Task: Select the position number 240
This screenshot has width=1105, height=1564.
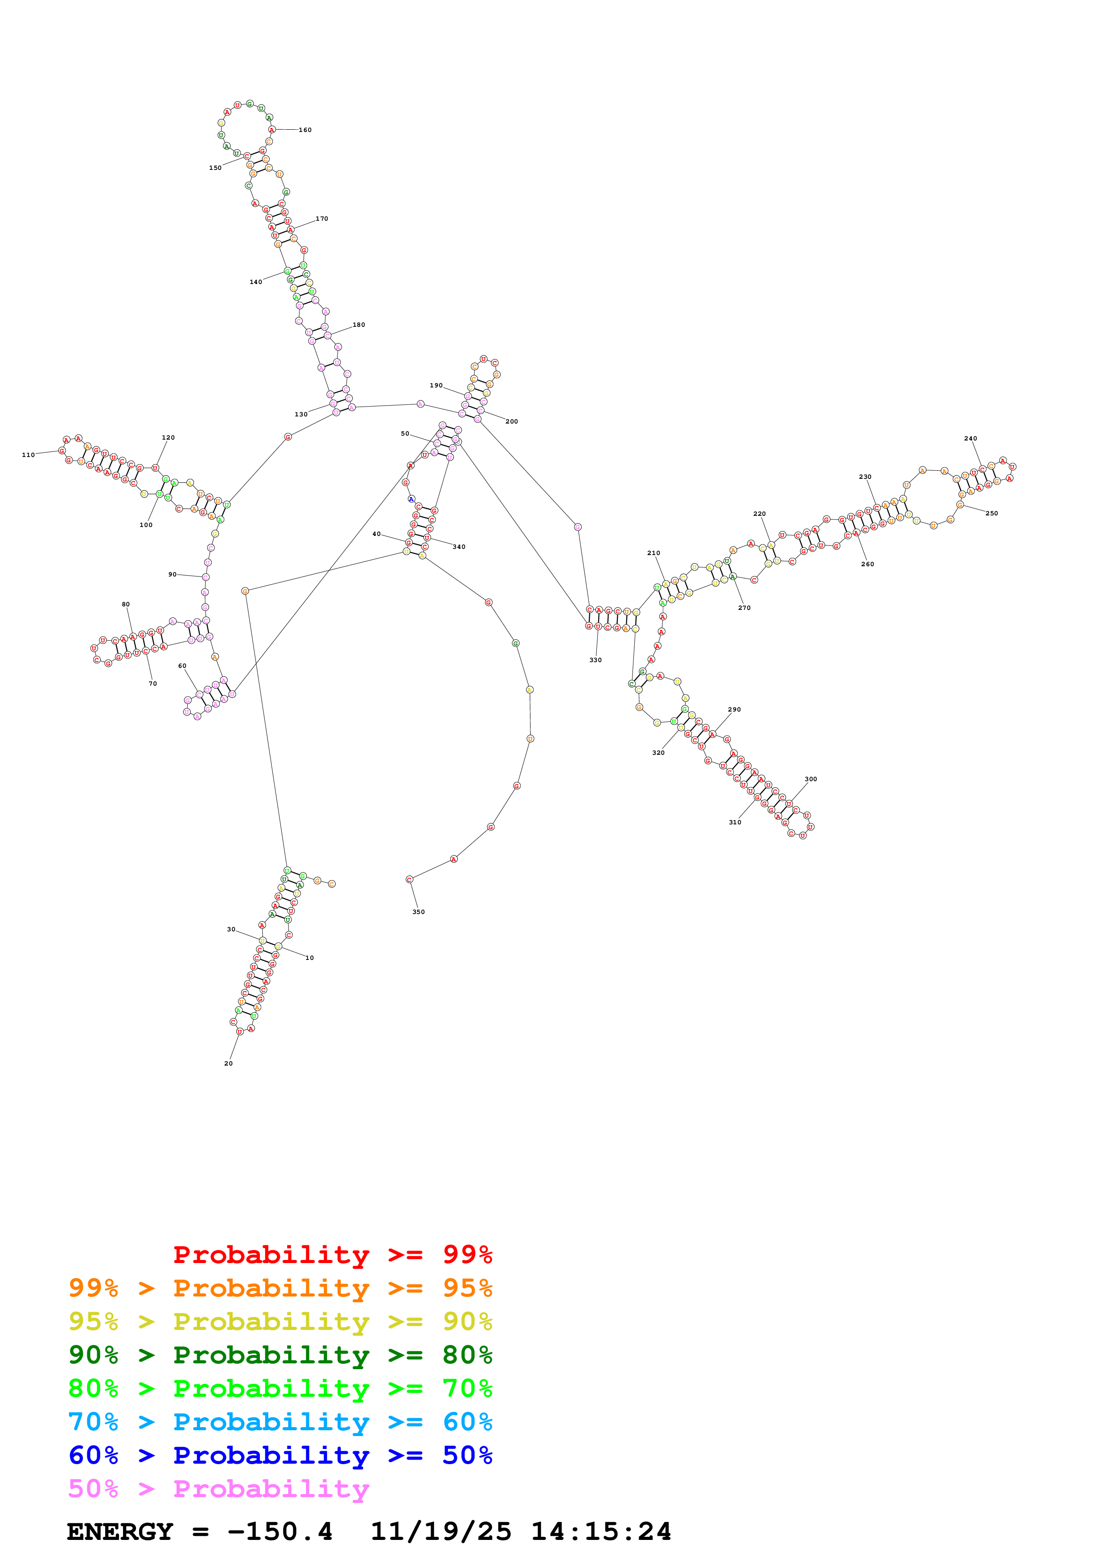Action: pos(970,439)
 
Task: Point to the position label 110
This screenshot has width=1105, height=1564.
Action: pos(28,455)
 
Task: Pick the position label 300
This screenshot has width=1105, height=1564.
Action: pos(810,779)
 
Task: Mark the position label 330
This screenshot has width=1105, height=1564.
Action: pos(595,660)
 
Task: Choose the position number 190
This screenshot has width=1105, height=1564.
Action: pos(436,386)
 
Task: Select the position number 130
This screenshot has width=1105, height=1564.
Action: pos(300,414)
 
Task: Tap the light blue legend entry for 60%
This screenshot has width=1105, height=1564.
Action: pos(280,1422)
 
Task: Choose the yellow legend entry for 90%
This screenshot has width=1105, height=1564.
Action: pos(280,1321)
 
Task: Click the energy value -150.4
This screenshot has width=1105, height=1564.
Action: pos(280,1531)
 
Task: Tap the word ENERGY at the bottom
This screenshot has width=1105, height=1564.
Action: pos(120,1531)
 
